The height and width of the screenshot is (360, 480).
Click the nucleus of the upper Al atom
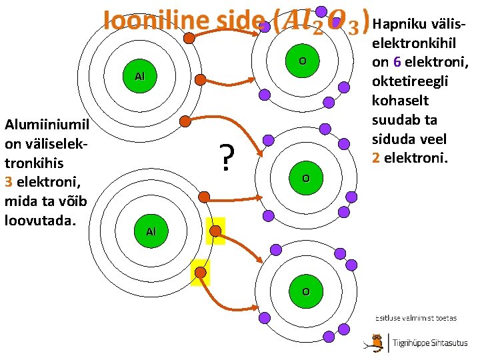coord(139,77)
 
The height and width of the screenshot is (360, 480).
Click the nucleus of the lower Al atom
coord(151,231)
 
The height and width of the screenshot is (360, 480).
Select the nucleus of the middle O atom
coord(305,179)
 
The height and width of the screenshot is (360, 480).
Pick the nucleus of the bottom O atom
coord(305,291)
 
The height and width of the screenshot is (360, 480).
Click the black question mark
coord(228,157)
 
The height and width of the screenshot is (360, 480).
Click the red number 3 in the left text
coord(8,181)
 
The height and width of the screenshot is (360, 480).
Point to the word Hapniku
coord(398,24)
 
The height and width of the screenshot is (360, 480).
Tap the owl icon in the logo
coord(377,343)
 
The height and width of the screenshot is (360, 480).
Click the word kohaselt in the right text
coord(397,101)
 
